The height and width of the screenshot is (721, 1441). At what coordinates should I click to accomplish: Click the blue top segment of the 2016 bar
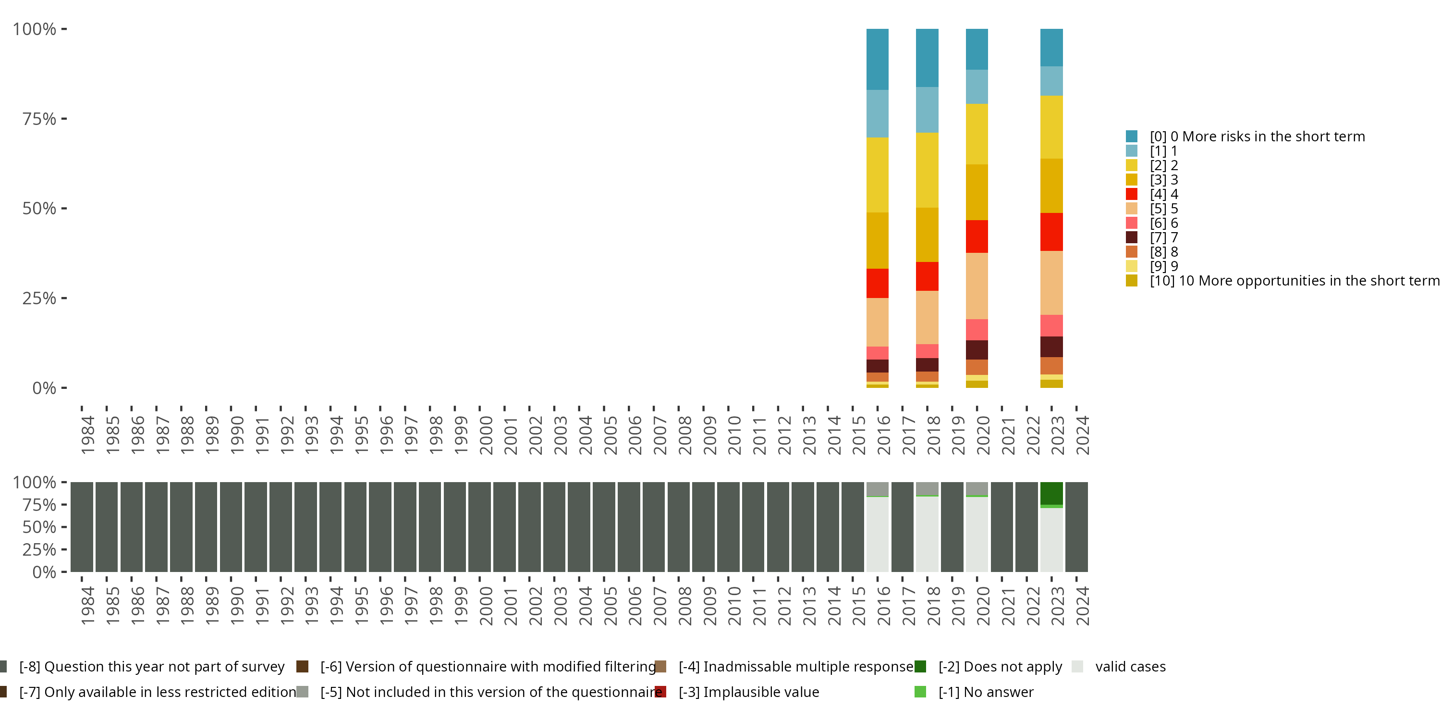tap(877, 59)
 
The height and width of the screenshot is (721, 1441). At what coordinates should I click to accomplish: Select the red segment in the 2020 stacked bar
tap(977, 236)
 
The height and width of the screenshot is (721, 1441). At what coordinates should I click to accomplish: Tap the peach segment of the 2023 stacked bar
tap(1051, 283)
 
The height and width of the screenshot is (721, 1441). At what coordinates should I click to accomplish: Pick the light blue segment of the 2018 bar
tap(927, 110)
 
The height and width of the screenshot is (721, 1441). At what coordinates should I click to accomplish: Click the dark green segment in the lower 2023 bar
tap(1051, 493)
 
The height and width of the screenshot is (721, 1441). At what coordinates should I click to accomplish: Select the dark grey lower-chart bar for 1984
tap(82, 527)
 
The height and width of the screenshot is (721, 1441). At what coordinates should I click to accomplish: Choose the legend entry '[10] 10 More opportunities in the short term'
tap(1282, 280)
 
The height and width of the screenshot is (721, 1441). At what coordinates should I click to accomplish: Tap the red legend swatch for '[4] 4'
tap(1132, 194)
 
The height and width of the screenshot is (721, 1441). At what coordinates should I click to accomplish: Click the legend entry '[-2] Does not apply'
tap(988, 667)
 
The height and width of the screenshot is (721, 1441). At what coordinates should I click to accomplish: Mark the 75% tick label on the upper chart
tap(39, 119)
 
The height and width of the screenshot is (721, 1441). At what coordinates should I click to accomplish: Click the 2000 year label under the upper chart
tap(486, 435)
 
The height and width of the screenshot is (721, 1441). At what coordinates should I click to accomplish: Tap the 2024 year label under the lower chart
tap(1082, 606)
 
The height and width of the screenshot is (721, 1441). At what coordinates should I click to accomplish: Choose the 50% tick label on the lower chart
tap(39, 527)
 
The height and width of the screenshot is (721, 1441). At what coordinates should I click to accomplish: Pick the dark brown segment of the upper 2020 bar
tap(977, 350)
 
